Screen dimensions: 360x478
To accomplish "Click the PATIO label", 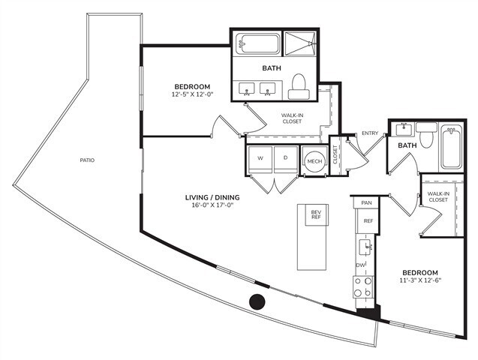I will [87, 160].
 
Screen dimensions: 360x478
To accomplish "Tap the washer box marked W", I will [260, 159].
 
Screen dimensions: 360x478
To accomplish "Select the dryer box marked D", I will [286, 159].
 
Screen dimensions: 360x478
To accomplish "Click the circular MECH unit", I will [313, 161].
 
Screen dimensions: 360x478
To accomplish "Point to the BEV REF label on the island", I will [316, 215].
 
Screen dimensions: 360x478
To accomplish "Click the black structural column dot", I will [257, 302].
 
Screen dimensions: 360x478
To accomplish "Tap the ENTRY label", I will [370, 133].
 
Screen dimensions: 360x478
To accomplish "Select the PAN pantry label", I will [366, 203].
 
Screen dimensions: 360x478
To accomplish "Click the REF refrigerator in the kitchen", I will [368, 221].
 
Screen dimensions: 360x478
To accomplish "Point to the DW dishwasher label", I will [361, 265].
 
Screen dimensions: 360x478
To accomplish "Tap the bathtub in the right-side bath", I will [452, 145].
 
